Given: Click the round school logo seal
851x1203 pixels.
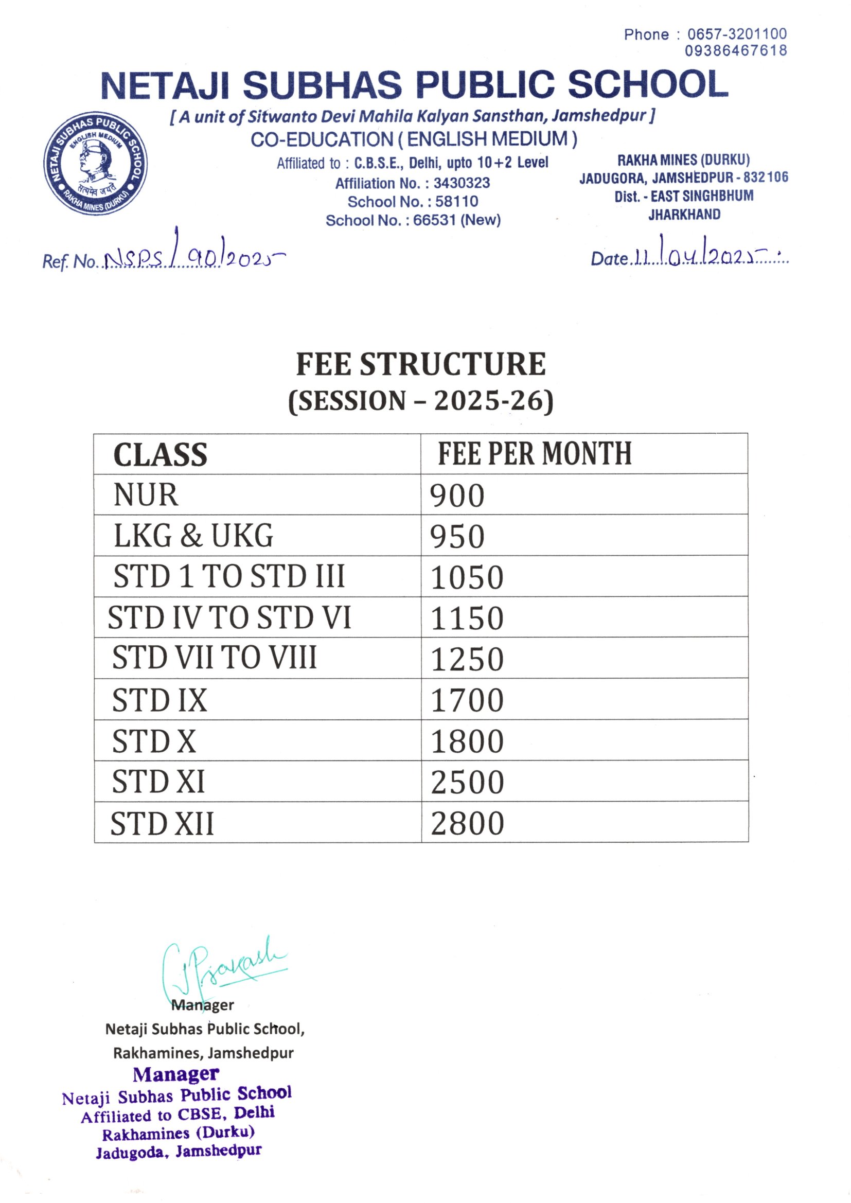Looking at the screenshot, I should click(x=95, y=164).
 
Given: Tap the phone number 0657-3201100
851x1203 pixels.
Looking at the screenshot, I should click(x=737, y=34).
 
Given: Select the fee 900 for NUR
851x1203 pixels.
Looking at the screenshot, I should click(x=457, y=496).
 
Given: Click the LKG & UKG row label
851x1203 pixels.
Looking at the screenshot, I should click(x=193, y=536).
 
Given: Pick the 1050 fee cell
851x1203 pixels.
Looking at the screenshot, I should click(x=467, y=577).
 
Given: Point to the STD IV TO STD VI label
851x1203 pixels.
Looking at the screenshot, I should click(x=229, y=618).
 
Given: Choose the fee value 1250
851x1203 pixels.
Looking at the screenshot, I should click(x=467, y=659).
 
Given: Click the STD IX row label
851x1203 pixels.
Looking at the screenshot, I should click(x=160, y=700).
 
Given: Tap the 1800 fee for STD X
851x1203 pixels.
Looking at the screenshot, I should click(x=467, y=741).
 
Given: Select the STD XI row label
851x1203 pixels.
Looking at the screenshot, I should click(x=158, y=782).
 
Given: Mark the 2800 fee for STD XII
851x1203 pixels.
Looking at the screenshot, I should click(x=467, y=823).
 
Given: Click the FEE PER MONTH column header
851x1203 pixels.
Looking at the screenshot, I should click(x=535, y=454).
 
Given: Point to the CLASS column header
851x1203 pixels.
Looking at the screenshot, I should click(x=161, y=455).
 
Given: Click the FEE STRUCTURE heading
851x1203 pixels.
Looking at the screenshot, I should click(x=421, y=364).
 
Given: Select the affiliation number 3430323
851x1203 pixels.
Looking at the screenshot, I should click(x=461, y=183).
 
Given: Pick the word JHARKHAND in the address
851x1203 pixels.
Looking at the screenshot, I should click(x=684, y=214).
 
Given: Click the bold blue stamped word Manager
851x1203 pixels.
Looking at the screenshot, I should click(x=175, y=1075).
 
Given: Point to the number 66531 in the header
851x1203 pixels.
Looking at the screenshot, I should click(x=434, y=220).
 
